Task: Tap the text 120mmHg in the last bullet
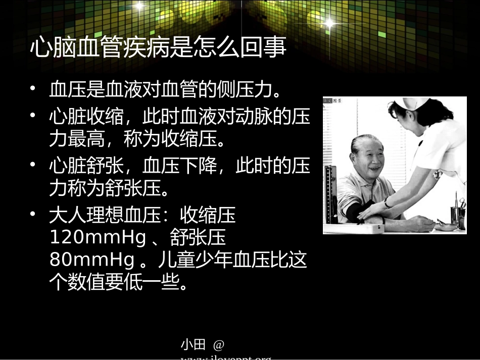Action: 98,237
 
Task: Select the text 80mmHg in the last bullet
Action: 92,260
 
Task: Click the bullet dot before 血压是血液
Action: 33,89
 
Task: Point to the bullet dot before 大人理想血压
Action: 33,214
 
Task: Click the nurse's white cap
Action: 410,105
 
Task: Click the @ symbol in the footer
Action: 218,345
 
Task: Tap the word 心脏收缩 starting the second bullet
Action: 86,117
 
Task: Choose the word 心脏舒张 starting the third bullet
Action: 86,166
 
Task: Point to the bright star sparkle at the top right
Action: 329,23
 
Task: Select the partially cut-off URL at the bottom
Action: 226,357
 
